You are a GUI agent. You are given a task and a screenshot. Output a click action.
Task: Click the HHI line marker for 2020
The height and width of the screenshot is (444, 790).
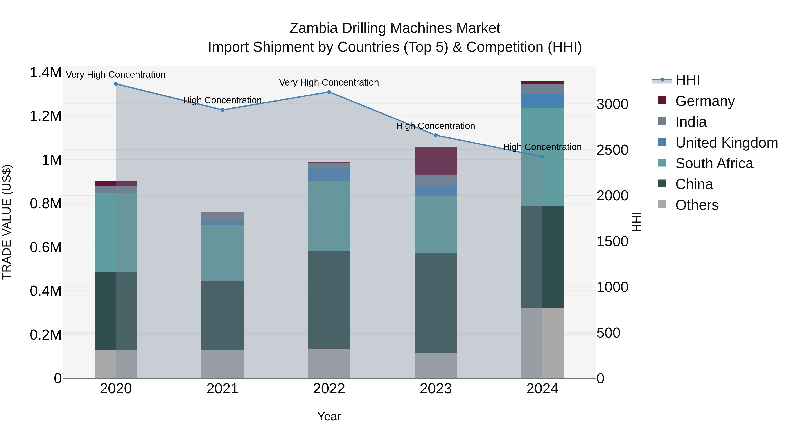click(116, 84)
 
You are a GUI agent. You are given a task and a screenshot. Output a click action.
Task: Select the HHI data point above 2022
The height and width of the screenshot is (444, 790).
click(329, 92)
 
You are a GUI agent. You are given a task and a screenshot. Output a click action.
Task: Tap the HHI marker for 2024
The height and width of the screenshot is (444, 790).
click(542, 157)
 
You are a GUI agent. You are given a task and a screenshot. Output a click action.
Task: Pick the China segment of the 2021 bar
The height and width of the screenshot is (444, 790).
click(222, 316)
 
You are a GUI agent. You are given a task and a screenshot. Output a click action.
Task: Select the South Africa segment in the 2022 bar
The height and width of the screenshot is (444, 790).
click(329, 216)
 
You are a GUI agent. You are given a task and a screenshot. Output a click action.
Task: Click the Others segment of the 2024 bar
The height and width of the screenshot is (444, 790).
click(542, 343)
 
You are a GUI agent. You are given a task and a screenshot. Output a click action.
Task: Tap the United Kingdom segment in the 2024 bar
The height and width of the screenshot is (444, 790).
click(542, 101)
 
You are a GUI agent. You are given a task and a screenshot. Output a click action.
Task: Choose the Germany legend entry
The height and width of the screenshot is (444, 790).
click(705, 101)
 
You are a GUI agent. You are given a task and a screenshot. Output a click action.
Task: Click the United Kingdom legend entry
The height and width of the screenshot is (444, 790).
click(726, 143)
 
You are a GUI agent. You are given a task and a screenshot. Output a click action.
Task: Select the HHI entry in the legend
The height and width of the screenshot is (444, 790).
click(687, 80)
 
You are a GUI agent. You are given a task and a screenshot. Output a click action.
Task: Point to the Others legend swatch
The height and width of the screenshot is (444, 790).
click(663, 204)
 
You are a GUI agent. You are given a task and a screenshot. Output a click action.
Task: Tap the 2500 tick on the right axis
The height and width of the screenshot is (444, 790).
click(612, 150)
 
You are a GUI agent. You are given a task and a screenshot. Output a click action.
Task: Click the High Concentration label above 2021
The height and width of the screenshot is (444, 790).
click(222, 100)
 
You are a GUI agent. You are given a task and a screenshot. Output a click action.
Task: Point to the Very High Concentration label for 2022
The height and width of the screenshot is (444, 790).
click(329, 82)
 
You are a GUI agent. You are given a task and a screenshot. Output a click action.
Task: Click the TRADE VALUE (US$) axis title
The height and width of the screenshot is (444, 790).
click(7, 222)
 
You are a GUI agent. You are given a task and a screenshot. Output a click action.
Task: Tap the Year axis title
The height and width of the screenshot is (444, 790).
click(329, 416)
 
